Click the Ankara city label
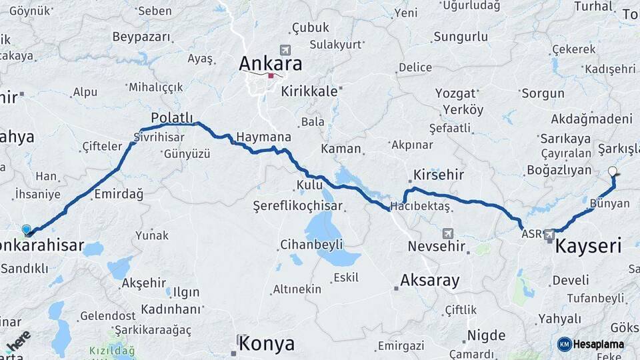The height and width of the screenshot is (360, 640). (270, 64)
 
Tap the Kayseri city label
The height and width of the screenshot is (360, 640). (589, 246)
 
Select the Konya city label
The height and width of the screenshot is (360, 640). (266, 344)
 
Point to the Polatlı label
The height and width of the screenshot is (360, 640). (172, 117)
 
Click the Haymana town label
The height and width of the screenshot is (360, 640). (263, 137)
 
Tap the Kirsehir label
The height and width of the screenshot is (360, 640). (439, 174)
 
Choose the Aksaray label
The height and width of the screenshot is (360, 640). (430, 281)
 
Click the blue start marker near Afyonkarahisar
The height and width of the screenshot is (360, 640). (27, 229)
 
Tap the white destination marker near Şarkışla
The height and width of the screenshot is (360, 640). (613, 171)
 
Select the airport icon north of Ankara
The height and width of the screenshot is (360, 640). (286, 50)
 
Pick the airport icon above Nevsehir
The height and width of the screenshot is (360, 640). (447, 233)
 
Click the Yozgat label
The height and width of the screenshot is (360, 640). (455, 93)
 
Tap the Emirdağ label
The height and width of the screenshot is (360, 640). (119, 194)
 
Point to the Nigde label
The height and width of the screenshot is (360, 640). (486, 335)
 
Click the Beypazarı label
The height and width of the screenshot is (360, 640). (141, 37)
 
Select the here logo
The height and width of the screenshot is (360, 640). (19, 341)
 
